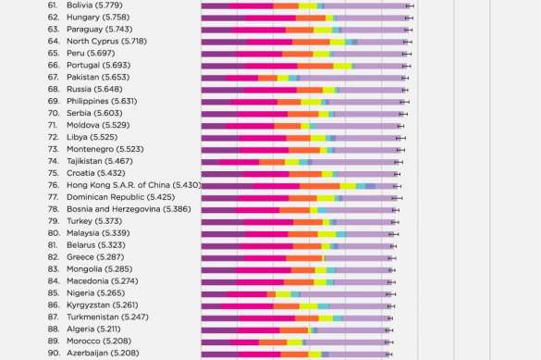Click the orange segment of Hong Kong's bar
click(x=320, y=185)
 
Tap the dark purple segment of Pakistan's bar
click(x=215, y=78)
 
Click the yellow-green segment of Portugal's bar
click(x=342, y=66)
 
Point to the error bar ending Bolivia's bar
click(x=411, y=6)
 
